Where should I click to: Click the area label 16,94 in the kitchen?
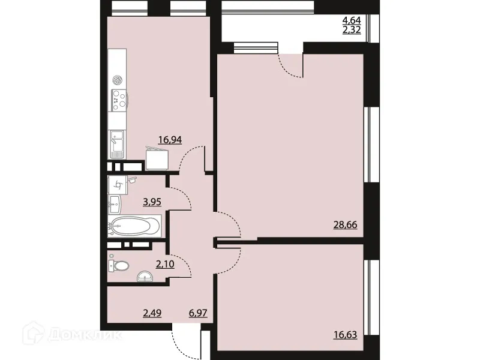[x=170, y=140]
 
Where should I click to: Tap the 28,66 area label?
[x=345, y=225]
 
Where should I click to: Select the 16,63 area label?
[x=345, y=335]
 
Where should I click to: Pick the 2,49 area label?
[x=152, y=312]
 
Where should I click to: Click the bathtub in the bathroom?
[x=134, y=226]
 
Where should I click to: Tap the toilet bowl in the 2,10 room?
[x=121, y=266]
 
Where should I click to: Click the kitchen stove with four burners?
[x=118, y=100]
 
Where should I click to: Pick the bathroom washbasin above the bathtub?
[x=115, y=204]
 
